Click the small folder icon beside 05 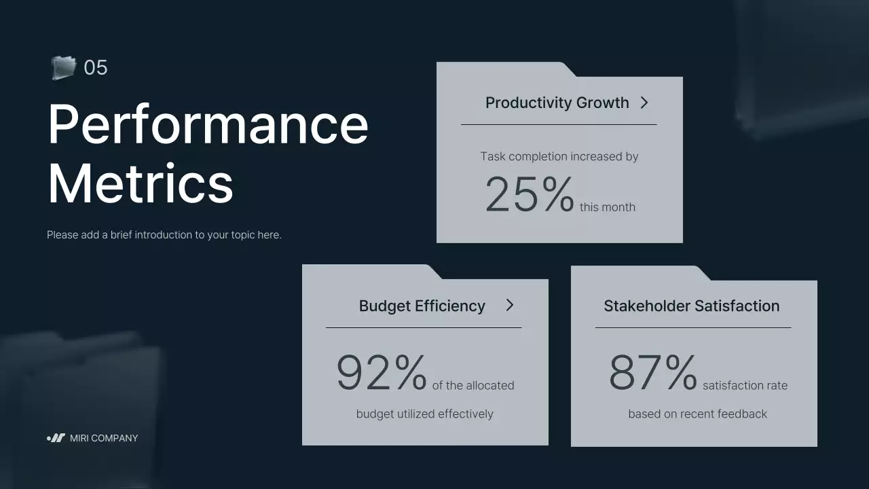point(63,67)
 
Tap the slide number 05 point(96,68)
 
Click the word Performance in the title point(208,124)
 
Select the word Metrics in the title point(141,184)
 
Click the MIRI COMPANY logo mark point(56,438)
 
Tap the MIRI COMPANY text point(104,438)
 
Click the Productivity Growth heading point(557,103)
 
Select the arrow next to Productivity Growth point(644,103)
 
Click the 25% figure point(530,195)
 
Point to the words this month point(608,207)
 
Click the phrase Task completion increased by point(559,156)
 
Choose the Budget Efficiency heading point(422,306)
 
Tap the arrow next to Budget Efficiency point(509,305)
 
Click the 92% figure point(382,373)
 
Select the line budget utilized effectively point(424,414)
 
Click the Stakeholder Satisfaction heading point(691,306)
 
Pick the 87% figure point(652,373)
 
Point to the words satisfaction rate point(745,386)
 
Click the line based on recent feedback point(697,414)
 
